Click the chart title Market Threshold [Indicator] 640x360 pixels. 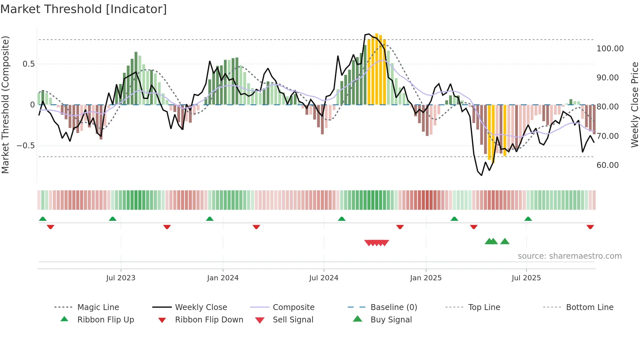pos(84,9)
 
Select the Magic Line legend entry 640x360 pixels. pos(98,307)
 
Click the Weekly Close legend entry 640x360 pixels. pos(201,307)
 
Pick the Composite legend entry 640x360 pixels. pos(293,307)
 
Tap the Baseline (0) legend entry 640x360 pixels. pos(393,307)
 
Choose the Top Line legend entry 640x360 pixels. pos(484,307)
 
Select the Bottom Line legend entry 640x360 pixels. pos(589,307)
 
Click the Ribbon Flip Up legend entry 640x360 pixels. pos(105,320)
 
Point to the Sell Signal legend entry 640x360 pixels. pos(293,320)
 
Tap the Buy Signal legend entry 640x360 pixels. pos(391,320)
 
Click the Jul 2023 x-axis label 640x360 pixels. pos(120,278)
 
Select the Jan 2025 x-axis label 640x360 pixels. pos(426,278)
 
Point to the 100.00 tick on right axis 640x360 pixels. pos(610,49)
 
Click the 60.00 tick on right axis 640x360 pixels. pos(607,165)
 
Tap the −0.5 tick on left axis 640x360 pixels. pos(25,146)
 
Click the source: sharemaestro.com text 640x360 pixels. pos(569,256)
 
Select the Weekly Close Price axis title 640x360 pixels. pos(634,105)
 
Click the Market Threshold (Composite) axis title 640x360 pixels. pos(6,105)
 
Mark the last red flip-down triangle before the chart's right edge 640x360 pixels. pos(590,227)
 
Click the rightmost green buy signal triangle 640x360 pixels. pos(505,241)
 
